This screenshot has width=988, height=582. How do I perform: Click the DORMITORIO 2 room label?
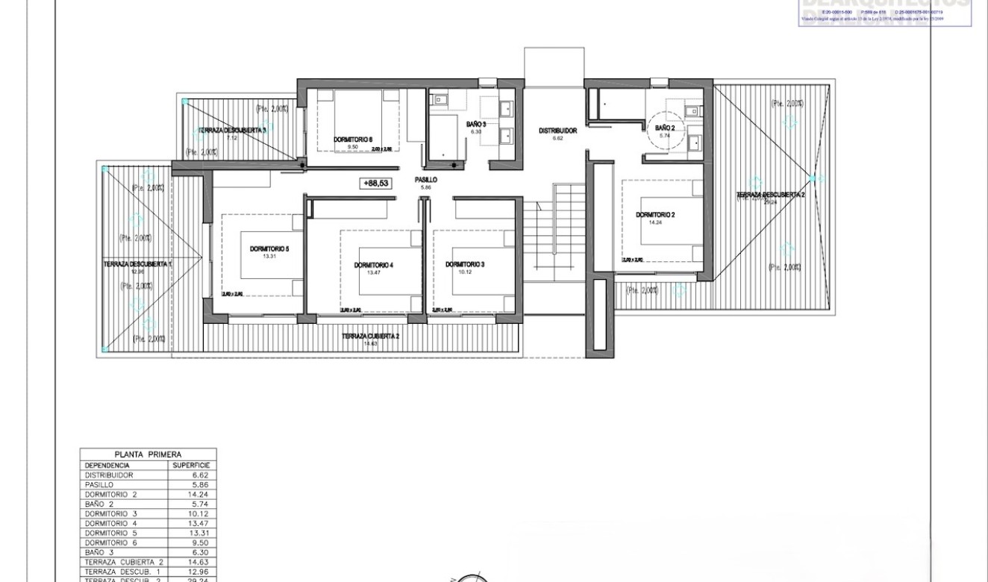[x=655, y=215]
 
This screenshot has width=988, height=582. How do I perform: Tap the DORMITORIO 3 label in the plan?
[x=465, y=265]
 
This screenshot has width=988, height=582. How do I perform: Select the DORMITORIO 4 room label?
[x=373, y=266]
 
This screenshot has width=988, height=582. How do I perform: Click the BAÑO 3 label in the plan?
[x=476, y=124]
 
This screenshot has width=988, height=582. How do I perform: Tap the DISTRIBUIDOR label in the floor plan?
[x=557, y=131]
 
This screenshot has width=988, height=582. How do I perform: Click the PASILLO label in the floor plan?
[x=426, y=180]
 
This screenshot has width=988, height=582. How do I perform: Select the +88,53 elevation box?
[x=375, y=183]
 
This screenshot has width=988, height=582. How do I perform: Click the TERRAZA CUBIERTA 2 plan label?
[x=371, y=337]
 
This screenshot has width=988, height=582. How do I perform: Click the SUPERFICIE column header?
[x=192, y=464]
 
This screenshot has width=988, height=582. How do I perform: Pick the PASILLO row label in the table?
[x=99, y=484]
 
